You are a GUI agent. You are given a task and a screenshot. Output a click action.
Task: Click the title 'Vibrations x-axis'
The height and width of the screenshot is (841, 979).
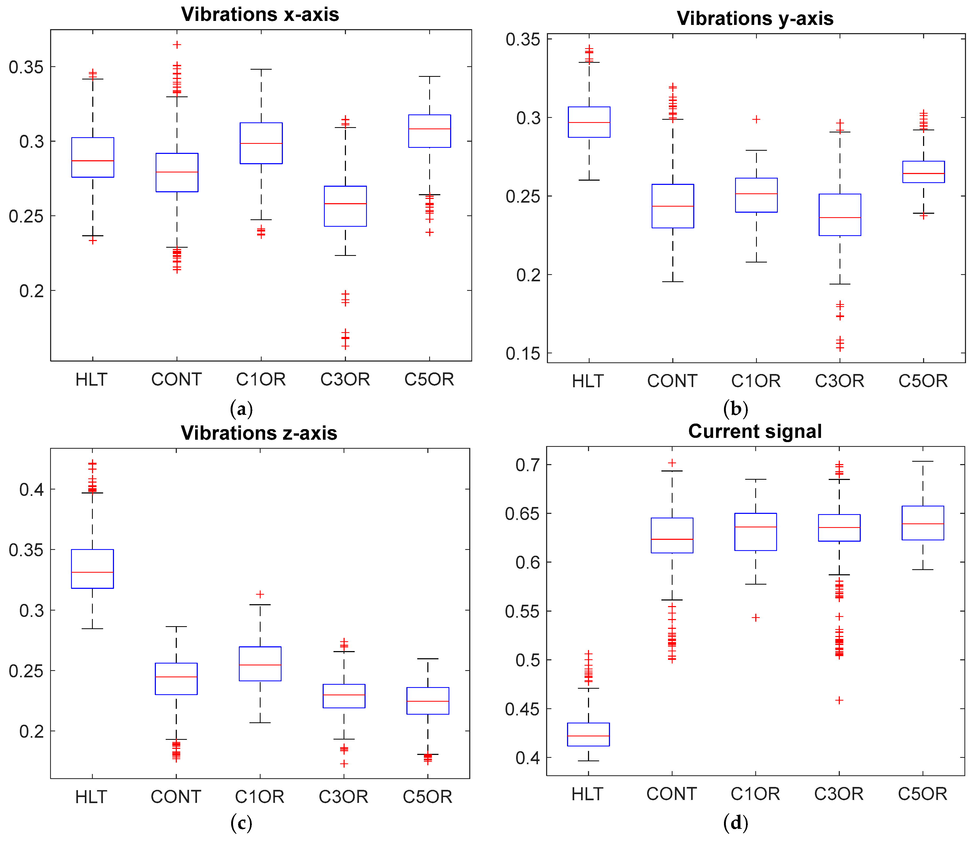(x=260, y=15)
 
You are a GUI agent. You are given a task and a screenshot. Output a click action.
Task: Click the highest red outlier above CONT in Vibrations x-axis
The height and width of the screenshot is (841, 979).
(x=177, y=45)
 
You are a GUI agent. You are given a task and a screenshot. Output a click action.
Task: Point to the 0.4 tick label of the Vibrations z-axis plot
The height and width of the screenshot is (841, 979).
(x=32, y=489)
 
